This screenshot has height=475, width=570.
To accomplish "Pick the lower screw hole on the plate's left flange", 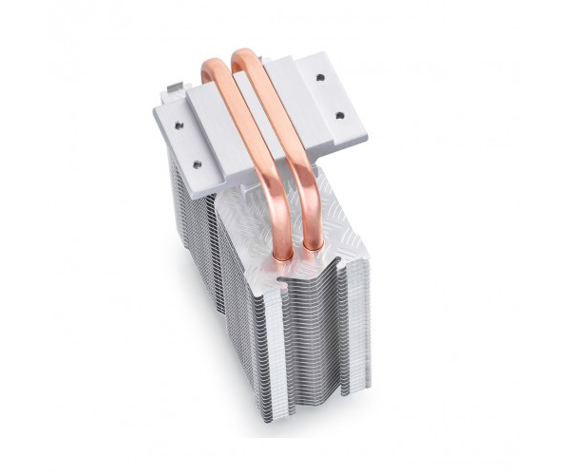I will [197, 164].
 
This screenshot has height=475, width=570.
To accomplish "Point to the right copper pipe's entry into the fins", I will [313, 249].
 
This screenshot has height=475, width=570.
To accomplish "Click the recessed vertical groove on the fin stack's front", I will [313, 351].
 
